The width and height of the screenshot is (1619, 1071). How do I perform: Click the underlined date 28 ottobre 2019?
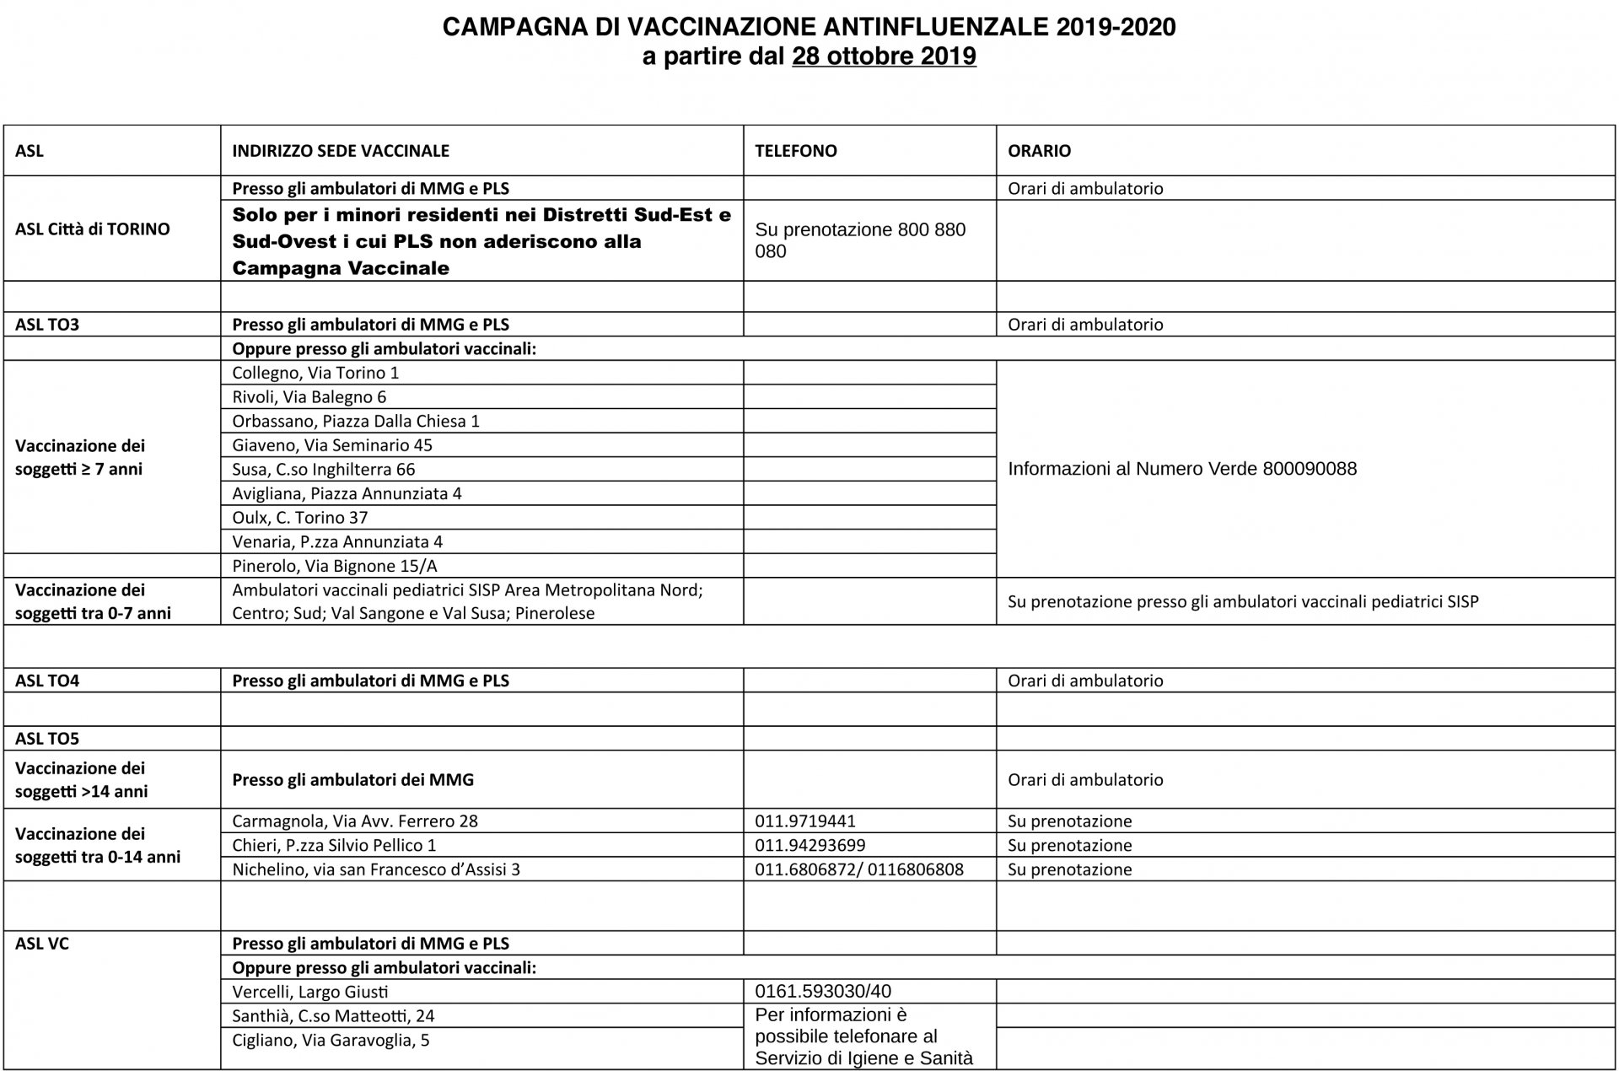(x=884, y=57)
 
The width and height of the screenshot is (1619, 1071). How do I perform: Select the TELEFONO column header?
(x=795, y=151)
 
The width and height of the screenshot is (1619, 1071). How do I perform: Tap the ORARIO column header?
(x=1039, y=151)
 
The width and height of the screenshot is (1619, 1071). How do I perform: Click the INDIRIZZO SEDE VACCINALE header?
(x=341, y=151)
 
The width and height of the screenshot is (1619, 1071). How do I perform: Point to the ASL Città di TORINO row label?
(x=93, y=229)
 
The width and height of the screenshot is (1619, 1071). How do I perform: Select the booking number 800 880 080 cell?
(x=860, y=240)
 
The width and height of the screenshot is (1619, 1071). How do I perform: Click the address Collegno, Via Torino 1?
(x=315, y=373)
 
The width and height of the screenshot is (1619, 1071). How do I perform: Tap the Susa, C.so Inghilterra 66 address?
(x=324, y=470)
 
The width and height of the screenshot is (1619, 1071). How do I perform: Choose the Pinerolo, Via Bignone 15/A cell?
(x=335, y=566)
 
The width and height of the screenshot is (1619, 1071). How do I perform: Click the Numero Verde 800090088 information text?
(x=1182, y=469)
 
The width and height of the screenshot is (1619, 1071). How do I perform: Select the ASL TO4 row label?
(x=47, y=681)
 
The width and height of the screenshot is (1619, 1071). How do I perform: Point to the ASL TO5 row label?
(x=47, y=739)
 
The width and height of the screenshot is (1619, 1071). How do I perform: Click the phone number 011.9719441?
(x=805, y=821)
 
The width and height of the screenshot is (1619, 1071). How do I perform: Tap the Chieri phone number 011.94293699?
(x=810, y=845)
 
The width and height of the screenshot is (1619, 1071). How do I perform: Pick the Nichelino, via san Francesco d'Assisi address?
(x=376, y=869)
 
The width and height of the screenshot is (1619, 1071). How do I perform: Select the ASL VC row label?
(x=42, y=944)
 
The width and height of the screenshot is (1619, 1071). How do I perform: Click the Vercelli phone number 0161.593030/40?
(x=823, y=992)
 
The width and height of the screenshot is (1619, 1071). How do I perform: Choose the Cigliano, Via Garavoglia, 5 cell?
(x=331, y=1041)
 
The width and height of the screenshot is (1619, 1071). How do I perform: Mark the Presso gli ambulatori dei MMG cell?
(x=352, y=780)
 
